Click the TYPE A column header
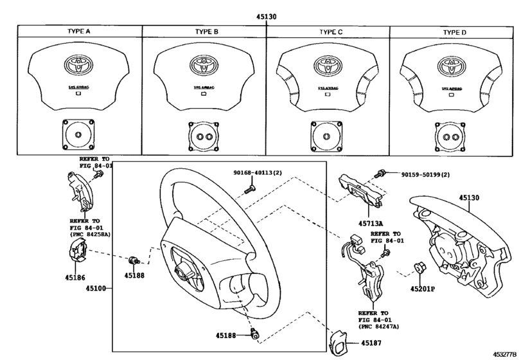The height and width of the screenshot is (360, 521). [80, 31]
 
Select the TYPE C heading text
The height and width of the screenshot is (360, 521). [330, 31]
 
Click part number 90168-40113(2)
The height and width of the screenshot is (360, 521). [260, 174]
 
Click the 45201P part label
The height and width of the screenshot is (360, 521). [423, 289]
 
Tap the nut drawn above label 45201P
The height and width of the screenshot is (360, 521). [416, 265]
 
